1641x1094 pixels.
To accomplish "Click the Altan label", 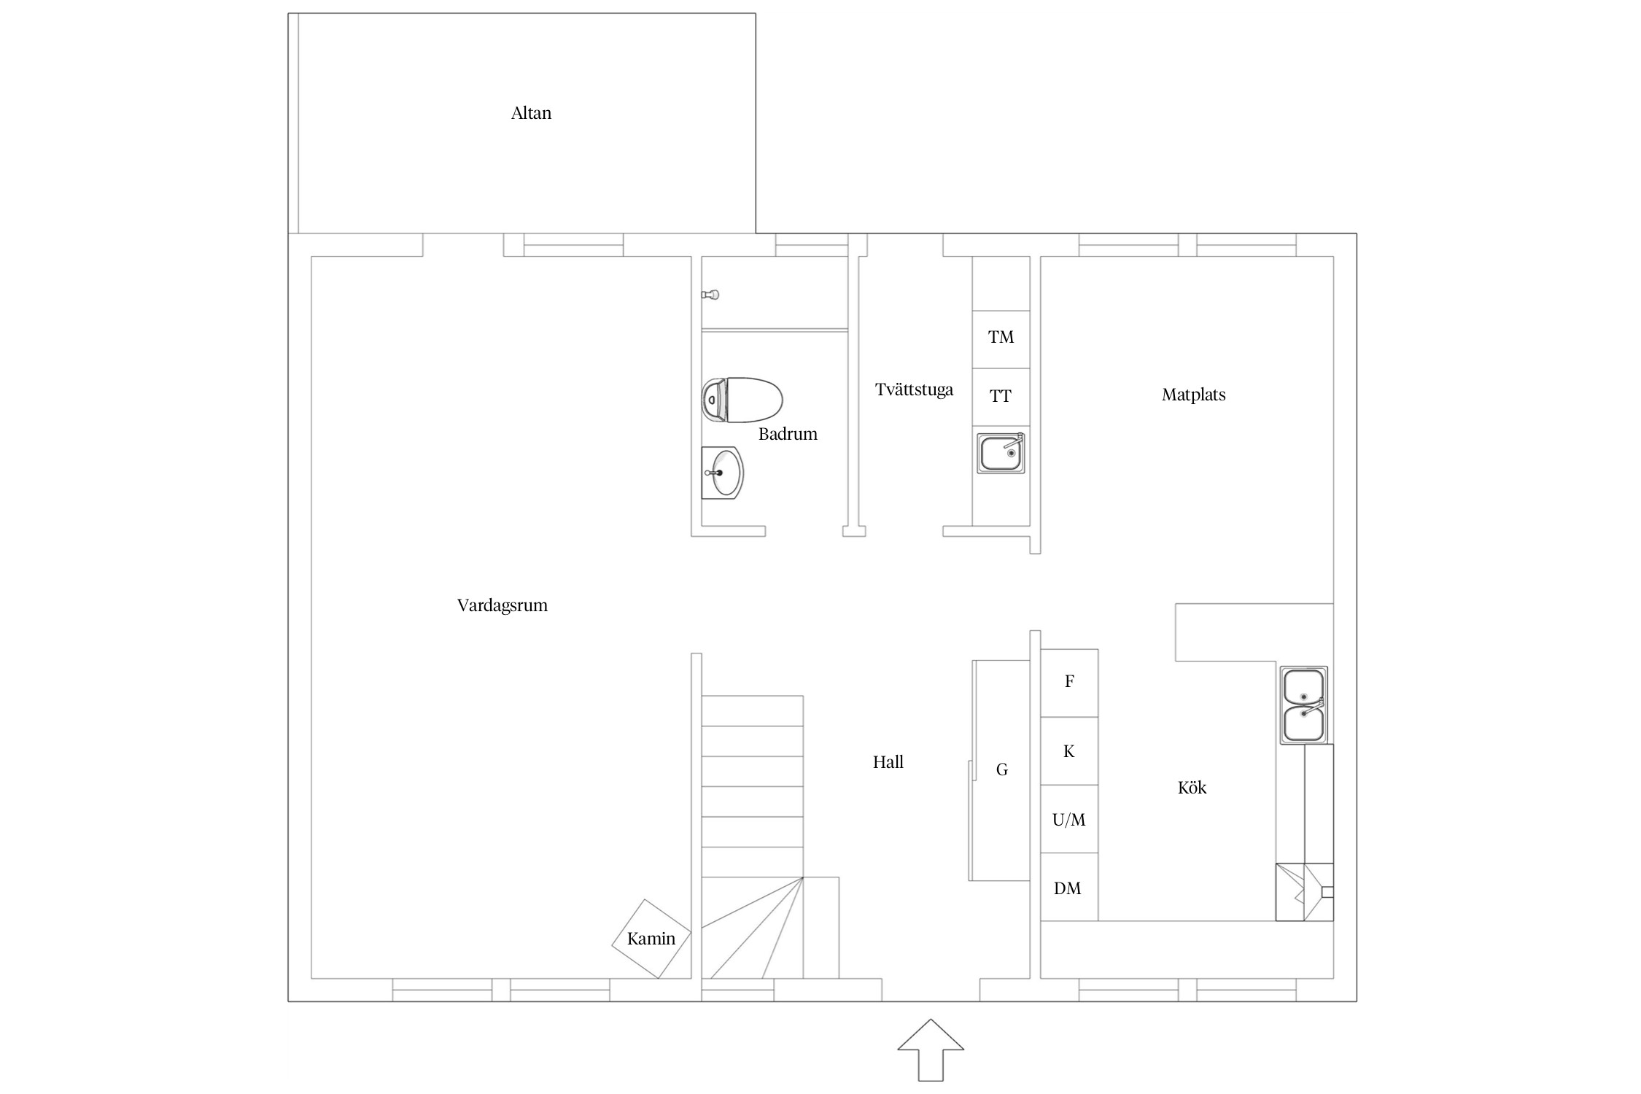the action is pos(531,113).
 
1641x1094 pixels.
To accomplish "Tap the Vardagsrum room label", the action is pos(502,605).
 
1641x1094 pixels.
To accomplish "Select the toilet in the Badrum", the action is pos(742,400).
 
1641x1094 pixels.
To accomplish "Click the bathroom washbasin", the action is pos(722,473).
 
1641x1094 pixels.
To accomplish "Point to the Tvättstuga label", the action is pos(914,389).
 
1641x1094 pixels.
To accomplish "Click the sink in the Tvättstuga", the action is pos(1001,453).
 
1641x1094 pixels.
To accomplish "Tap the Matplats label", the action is pos(1193,395).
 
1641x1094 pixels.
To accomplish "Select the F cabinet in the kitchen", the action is pos(1069,683).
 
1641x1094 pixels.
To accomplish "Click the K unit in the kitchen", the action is pos(1069,751).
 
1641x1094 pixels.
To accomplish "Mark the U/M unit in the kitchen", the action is pos(1069,819).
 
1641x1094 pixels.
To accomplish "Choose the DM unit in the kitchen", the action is pos(1069,887).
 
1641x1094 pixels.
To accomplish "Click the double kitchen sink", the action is pos(1303,705).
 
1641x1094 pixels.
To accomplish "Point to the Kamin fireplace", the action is pos(651,939).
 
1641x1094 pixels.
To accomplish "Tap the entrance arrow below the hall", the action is pos(931,1050).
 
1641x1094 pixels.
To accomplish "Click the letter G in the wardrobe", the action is pos(1002,769).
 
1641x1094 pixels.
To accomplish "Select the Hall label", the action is pos(888,762).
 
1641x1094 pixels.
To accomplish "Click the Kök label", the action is pos(1192,788).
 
